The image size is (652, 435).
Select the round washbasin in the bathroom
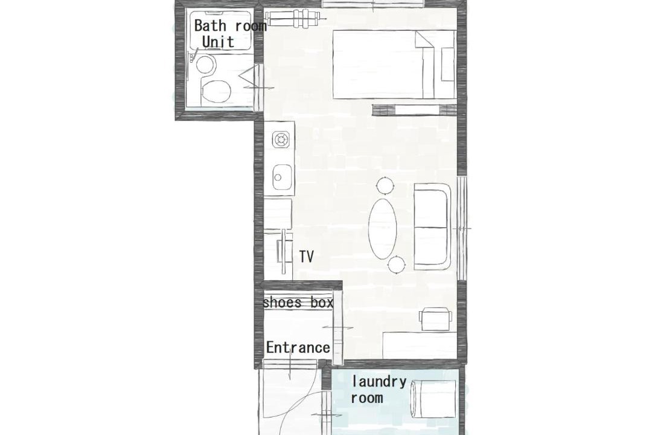[x=205, y=65]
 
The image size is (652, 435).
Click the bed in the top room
[x=394, y=65]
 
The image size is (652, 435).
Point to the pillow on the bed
[x=447, y=65]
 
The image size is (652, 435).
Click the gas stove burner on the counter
[x=281, y=140]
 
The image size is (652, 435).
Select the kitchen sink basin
[x=281, y=177]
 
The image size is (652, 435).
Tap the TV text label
[x=306, y=256]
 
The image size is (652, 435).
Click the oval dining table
[x=383, y=228]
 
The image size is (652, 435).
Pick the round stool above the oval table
[x=385, y=185]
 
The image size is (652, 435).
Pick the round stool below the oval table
[x=396, y=264]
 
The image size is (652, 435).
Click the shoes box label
[x=298, y=302]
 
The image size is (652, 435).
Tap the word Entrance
[x=298, y=347]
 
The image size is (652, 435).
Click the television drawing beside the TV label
[x=284, y=252]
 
